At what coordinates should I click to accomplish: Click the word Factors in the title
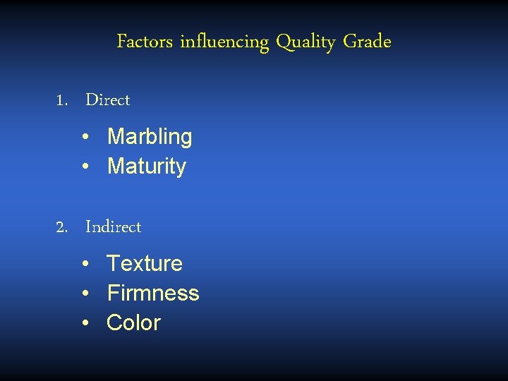pyautogui.click(x=145, y=42)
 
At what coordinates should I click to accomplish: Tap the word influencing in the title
pyautogui.click(x=224, y=43)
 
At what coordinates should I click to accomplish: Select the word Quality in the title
pyautogui.click(x=306, y=43)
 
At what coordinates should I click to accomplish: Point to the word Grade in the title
pyautogui.click(x=367, y=42)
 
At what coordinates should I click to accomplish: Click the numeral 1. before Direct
pyautogui.click(x=62, y=100)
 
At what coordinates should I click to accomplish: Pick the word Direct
pyautogui.click(x=108, y=100)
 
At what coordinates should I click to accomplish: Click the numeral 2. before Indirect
pyautogui.click(x=62, y=227)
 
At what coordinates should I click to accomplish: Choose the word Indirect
pyautogui.click(x=114, y=227)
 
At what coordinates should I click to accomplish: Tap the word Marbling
pyautogui.click(x=150, y=137)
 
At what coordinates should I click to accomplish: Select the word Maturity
pyautogui.click(x=147, y=167)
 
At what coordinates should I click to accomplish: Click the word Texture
pyautogui.click(x=145, y=264)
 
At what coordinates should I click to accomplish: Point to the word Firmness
pyautogui.click(x=153, y=294)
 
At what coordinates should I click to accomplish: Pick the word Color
pyautogui.click(x=134, y=323)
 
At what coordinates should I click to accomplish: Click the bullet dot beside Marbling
pyautogui.click(x=84, y=137)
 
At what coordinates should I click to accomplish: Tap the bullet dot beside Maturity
pyautogui.click(x=84, y=167)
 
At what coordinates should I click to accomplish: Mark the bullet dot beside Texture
pyautogui.click(x=84, y=264)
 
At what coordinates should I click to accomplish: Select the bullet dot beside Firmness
pyautogui.click(x=84, y=294)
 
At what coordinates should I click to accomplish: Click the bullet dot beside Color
pyautogui.click(x=84, y=323)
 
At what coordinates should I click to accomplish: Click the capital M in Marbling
pyautogui.click(x=115, y=137)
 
